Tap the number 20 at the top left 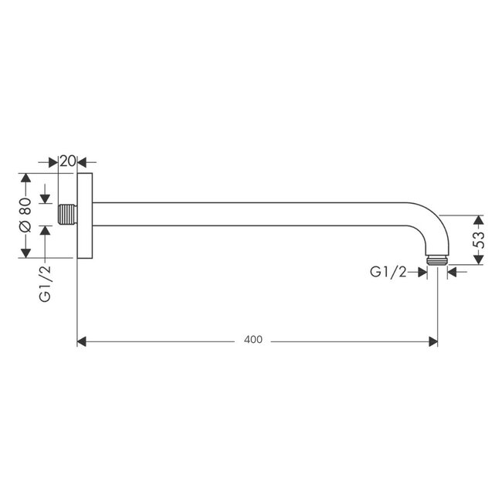pos(67,161)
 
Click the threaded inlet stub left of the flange pos(68,215)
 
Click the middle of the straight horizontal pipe pos(255,214)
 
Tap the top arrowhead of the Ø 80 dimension pos(25,178)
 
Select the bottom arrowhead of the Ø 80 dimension pos(25,253)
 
